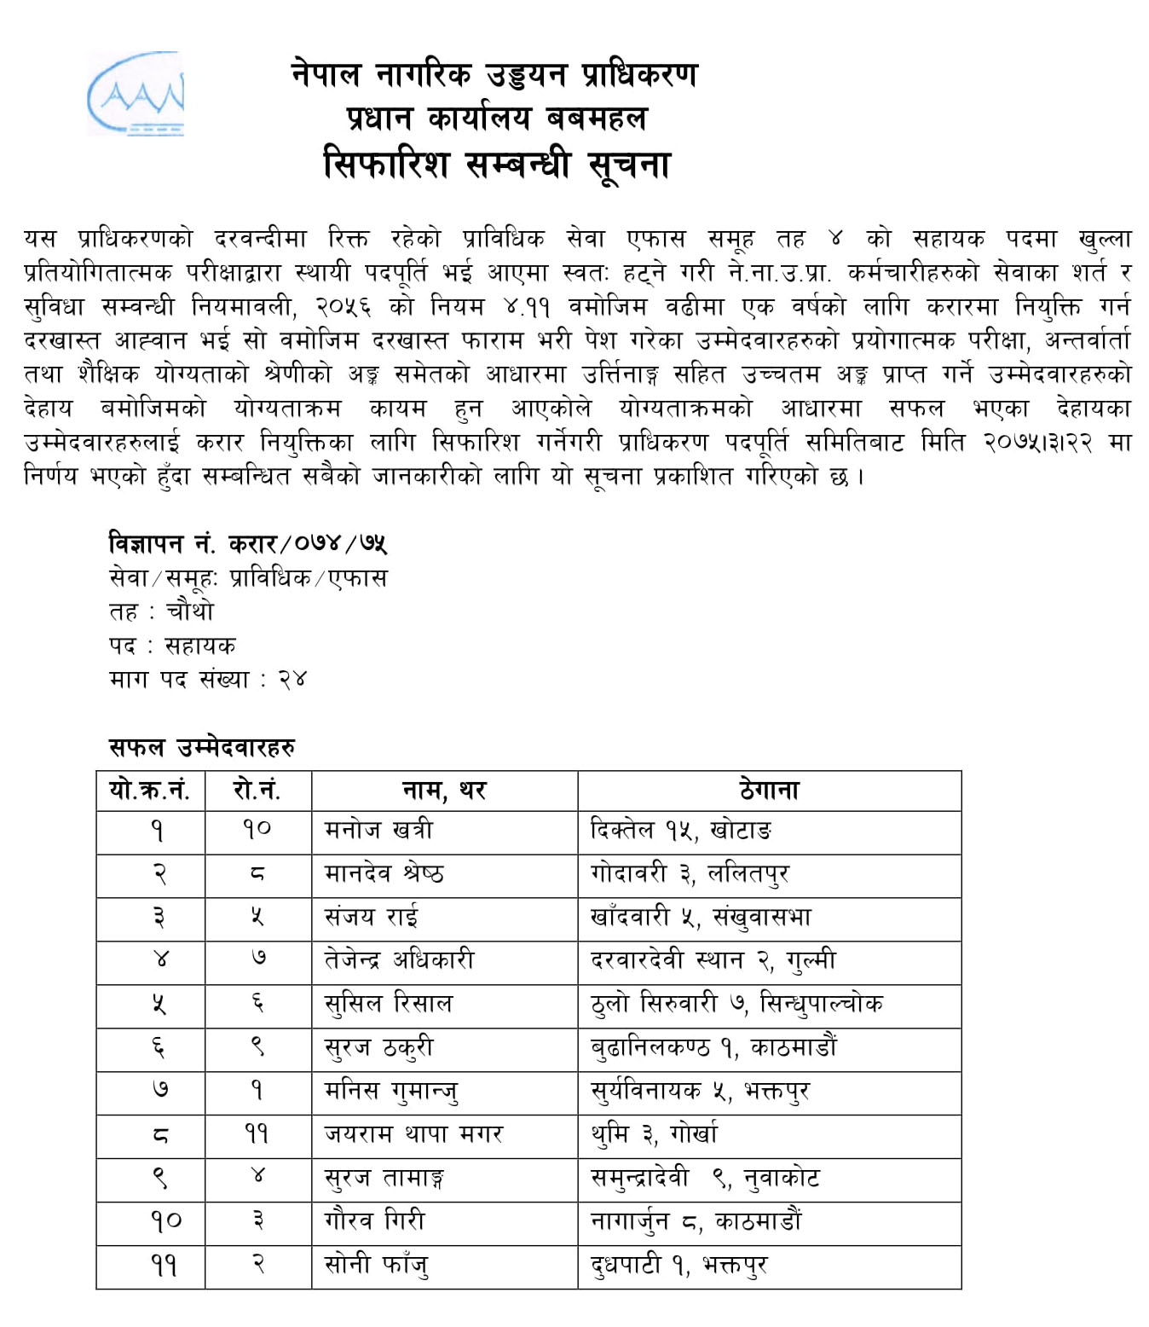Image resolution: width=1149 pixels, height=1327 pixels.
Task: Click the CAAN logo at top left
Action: point(136,94)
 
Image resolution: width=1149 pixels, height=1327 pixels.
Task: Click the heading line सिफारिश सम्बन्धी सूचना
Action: point(496,164)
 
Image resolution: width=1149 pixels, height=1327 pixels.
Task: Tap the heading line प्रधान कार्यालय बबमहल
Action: point(496,118)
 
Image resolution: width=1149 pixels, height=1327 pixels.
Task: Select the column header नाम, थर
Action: point(444,791)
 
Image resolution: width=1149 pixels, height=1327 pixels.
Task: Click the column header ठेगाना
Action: point(769,791)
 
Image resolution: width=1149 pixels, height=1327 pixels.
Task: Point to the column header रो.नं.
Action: point(257,791)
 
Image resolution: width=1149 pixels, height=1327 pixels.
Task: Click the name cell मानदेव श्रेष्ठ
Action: point(384,873)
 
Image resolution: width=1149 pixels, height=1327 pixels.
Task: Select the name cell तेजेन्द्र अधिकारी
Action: point(399,960)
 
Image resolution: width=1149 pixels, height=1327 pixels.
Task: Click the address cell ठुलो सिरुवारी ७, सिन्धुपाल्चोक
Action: point(736,1004)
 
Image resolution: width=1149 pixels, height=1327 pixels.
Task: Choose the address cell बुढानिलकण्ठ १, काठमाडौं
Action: point(713,1047)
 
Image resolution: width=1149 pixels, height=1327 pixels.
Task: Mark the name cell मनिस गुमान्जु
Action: point(391,1091)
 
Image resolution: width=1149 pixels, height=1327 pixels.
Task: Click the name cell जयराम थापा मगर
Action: point(413,1134)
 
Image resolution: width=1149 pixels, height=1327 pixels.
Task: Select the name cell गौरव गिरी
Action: point(374,1221)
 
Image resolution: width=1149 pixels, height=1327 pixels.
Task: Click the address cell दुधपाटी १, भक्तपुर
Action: point(678,1265)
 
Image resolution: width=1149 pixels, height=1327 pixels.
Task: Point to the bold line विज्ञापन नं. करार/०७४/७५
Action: point(248,543)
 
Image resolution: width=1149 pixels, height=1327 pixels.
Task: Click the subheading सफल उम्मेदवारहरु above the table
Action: point(202,748)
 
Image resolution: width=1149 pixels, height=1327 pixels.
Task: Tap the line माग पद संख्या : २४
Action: point(207,680)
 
